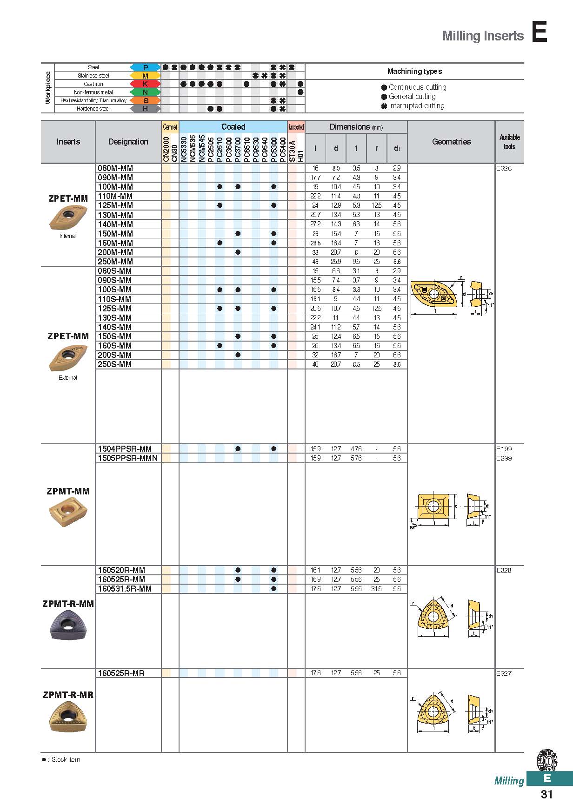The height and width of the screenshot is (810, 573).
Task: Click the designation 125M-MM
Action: tap(115, 205)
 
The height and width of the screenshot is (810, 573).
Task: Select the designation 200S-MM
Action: tap(115, 355)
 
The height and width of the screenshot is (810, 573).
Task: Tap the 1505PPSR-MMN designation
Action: tap(127, 458)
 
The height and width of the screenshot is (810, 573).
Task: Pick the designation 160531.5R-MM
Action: tap(125, 589)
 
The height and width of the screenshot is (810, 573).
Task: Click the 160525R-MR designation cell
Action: tap(121, 673)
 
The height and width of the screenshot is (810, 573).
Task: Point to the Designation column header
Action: tap(128, 142)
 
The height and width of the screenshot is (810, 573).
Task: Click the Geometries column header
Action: tap(451, 142)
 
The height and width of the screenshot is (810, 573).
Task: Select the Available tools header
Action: tap(509, 142)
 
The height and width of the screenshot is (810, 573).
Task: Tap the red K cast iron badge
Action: tap(145, 84)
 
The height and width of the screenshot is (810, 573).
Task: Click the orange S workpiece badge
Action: tap(145, 100)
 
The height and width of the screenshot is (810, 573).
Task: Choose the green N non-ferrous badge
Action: tap(145, 92)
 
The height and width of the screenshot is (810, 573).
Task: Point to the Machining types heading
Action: tap(414, 72)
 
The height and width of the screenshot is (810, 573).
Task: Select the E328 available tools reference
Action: tap(504, 570)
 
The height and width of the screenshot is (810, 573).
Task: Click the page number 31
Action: tap(546, 794)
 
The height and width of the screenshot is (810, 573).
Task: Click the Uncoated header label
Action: tap(296, 127)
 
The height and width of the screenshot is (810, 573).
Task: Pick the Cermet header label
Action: tap(170, 127)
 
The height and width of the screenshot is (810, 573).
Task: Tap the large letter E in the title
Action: tap(540, 33)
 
